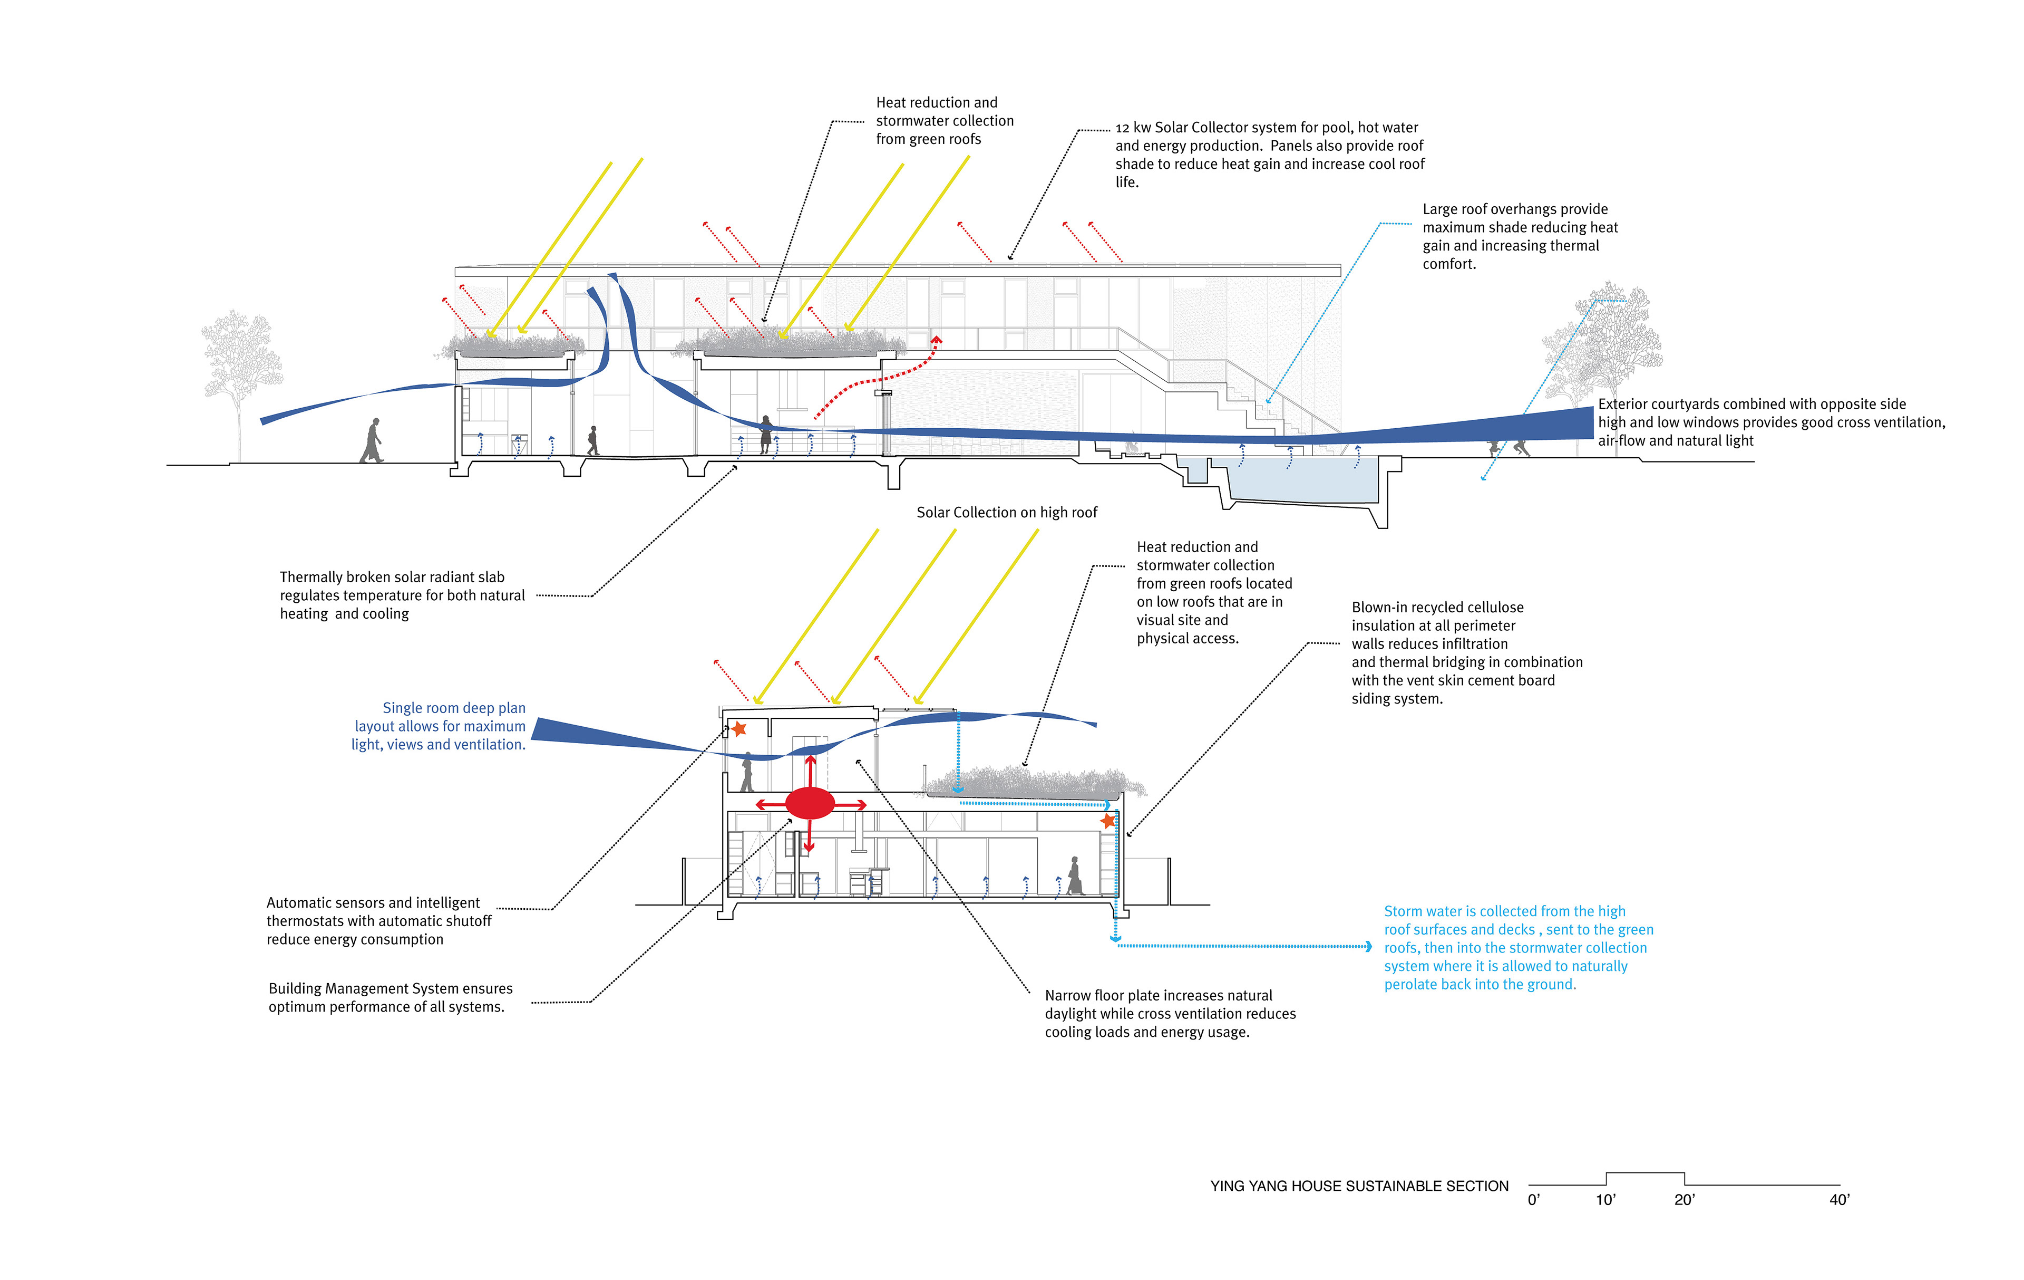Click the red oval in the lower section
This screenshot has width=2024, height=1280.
(810, 803)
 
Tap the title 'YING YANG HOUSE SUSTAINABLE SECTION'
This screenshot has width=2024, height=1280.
(1359, 1186)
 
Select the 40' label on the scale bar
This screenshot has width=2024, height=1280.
(1839, 1200)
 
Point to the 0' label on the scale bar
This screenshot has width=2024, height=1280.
(1534, 1200)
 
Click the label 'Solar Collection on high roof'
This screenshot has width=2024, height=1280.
(1006, 512)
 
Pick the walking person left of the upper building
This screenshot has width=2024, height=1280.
(372, 441)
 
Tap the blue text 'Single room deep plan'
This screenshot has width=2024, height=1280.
(454, 708)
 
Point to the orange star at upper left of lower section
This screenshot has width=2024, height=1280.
(738, 728)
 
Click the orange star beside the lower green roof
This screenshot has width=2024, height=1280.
(1108, 820)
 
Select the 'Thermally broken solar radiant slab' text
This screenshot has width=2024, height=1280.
(392, 577)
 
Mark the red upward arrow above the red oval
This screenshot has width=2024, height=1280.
(810, 769)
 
